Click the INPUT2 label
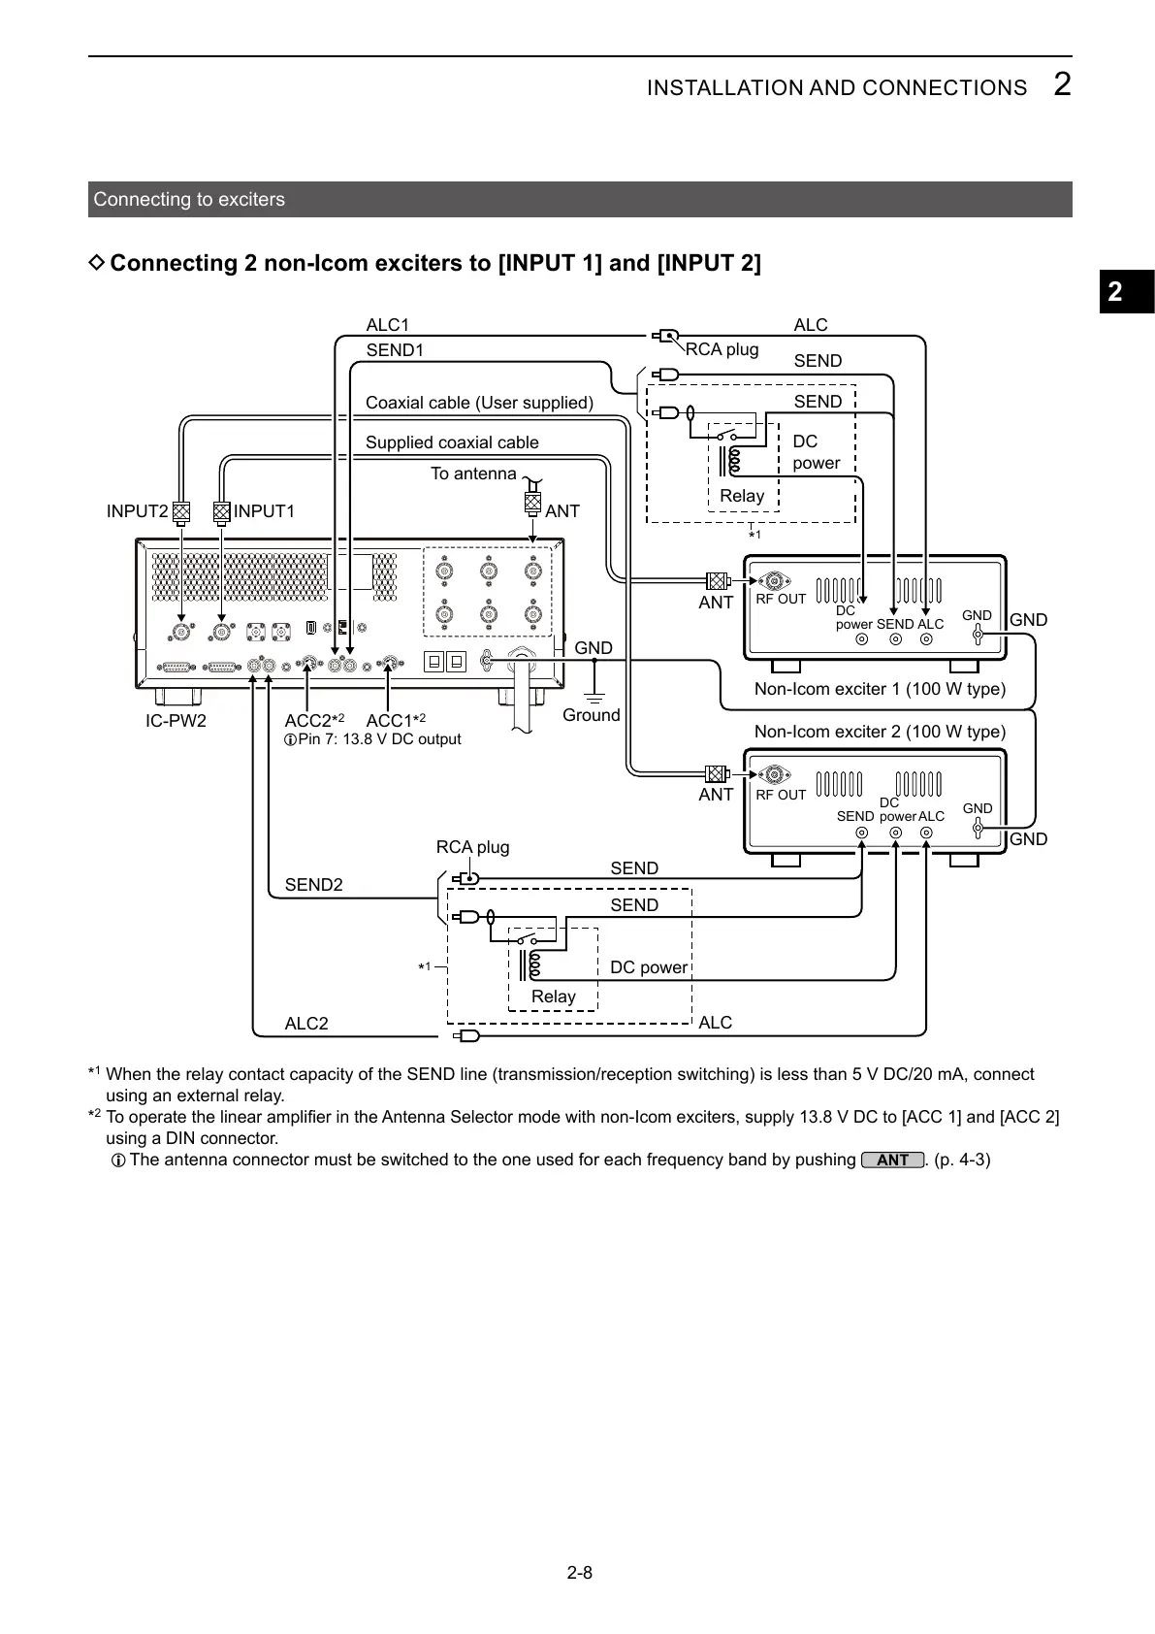pyautogui.click(x=137, y=511)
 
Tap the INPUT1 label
pyautogui.click(x=264, y=511)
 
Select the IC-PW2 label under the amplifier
pyautogui.click(x=176, y=721)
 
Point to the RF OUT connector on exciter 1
pyautogui.click(x=774, y=581)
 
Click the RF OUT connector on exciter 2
pyautogui.click(x=774, y=775)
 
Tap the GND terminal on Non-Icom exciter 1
pyautogui.click(x=978, y=636)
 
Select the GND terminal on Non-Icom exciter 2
pyautogui.click(x=978, y=828)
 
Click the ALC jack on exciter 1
pyautogui.click(x=928, y=639)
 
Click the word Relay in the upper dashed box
pyautogui.click(x=742, y=496)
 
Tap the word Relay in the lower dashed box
pyautogui.click(x=553, y=997)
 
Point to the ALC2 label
pyautogui.click(x=306, y=1024)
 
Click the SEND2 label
pyautogui.click(x=313, y=885)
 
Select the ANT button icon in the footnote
pyautogui.click(x=891, y=1160)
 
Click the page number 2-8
pyautogui.click(x=579, y=1573)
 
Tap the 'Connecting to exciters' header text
pyautogui.click(x=189, y=200)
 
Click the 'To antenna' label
pyautogui.click(x=473, y=474)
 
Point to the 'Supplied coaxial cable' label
pyautogui.click(x=452, y=442)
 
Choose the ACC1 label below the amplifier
pyautogui.click(x=389, y=721)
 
